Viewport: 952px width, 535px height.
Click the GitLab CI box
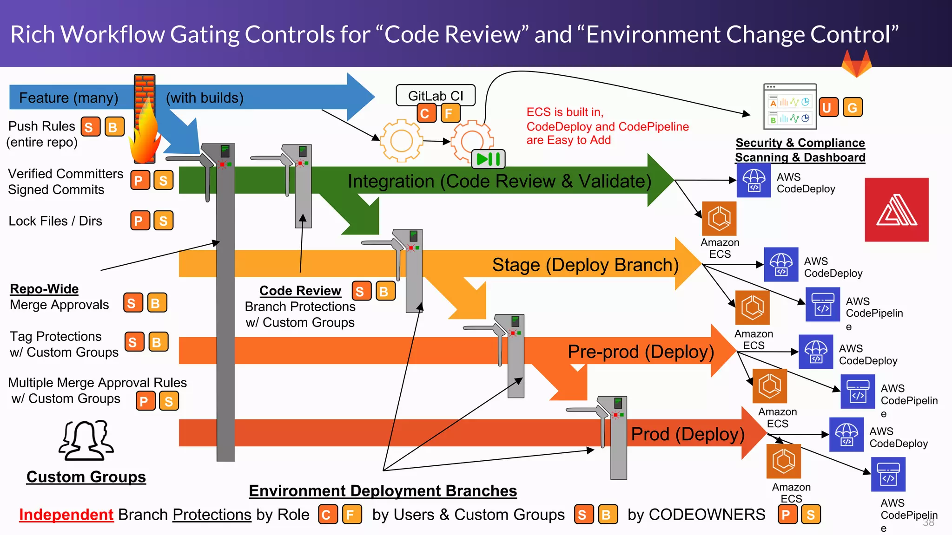point(436,96)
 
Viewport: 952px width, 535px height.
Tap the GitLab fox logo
point(856,64)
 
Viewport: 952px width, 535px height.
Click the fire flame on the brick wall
point(144,135)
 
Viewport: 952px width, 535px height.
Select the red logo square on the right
point(896,209)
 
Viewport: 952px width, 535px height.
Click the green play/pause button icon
point(488,159)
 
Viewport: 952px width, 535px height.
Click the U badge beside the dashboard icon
point(827,107)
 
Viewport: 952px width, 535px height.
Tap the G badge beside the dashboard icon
point(852,107)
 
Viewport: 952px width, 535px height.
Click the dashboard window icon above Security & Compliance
point(790,106)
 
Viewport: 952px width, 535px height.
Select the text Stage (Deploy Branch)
point(585,265)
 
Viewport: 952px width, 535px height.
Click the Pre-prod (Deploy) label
point(641,352)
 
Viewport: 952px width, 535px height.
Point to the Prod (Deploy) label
point(688,434)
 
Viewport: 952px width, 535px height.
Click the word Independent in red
point(66,515)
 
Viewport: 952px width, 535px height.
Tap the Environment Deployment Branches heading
point(383,491)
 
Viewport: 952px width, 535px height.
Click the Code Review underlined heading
point(300,291)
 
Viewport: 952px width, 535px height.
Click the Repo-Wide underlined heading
point(44,289)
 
